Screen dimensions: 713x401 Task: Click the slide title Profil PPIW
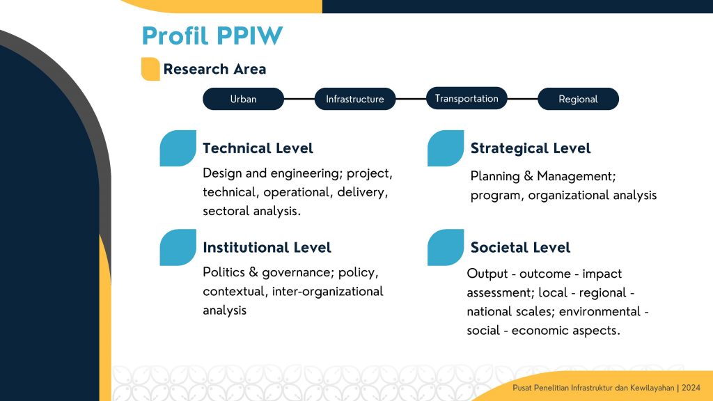pos(212,36)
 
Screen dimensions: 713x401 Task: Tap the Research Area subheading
pos(214,69)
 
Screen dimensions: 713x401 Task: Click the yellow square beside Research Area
pos(150,69)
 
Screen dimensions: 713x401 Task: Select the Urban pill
pos(243,99)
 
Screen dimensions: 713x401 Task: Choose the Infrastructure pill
pos(355,99)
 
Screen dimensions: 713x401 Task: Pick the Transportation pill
pos(467,98)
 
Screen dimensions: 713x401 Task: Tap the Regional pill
pos(579,99)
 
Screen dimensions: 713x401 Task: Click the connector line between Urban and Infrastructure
pos(299,99)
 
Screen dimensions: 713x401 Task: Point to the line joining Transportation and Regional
pos(522,99)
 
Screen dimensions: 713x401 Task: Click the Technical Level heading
pos(258,148)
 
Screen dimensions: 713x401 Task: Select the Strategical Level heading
pos(531,148)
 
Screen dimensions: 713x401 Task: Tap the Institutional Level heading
pos(267,247)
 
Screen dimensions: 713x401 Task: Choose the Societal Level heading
pos(520,247)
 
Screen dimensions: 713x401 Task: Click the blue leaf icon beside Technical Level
pos(178,148)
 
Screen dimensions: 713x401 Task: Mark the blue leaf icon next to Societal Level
pos(446,247)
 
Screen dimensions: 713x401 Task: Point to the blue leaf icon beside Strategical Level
pos(446,148)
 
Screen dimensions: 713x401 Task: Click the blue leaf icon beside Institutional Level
pos(178,247)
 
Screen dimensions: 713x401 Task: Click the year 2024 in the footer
pos(691,388)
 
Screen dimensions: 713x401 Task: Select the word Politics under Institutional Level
pos(224,272)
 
